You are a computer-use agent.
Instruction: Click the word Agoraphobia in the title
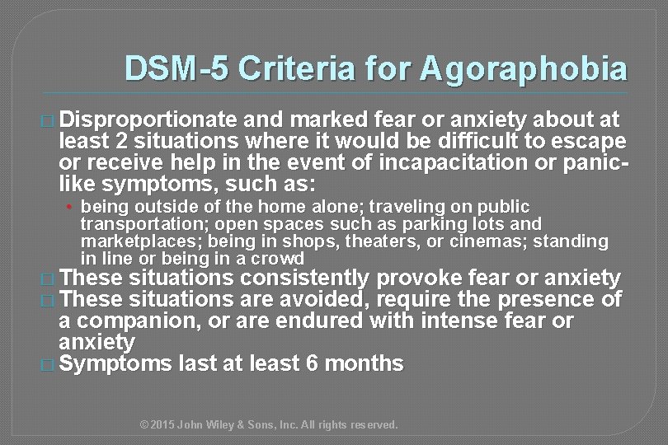pyautogui.click(x=523, y=69)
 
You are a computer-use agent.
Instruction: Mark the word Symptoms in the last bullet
pyautogui.click(x=115, y=362)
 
